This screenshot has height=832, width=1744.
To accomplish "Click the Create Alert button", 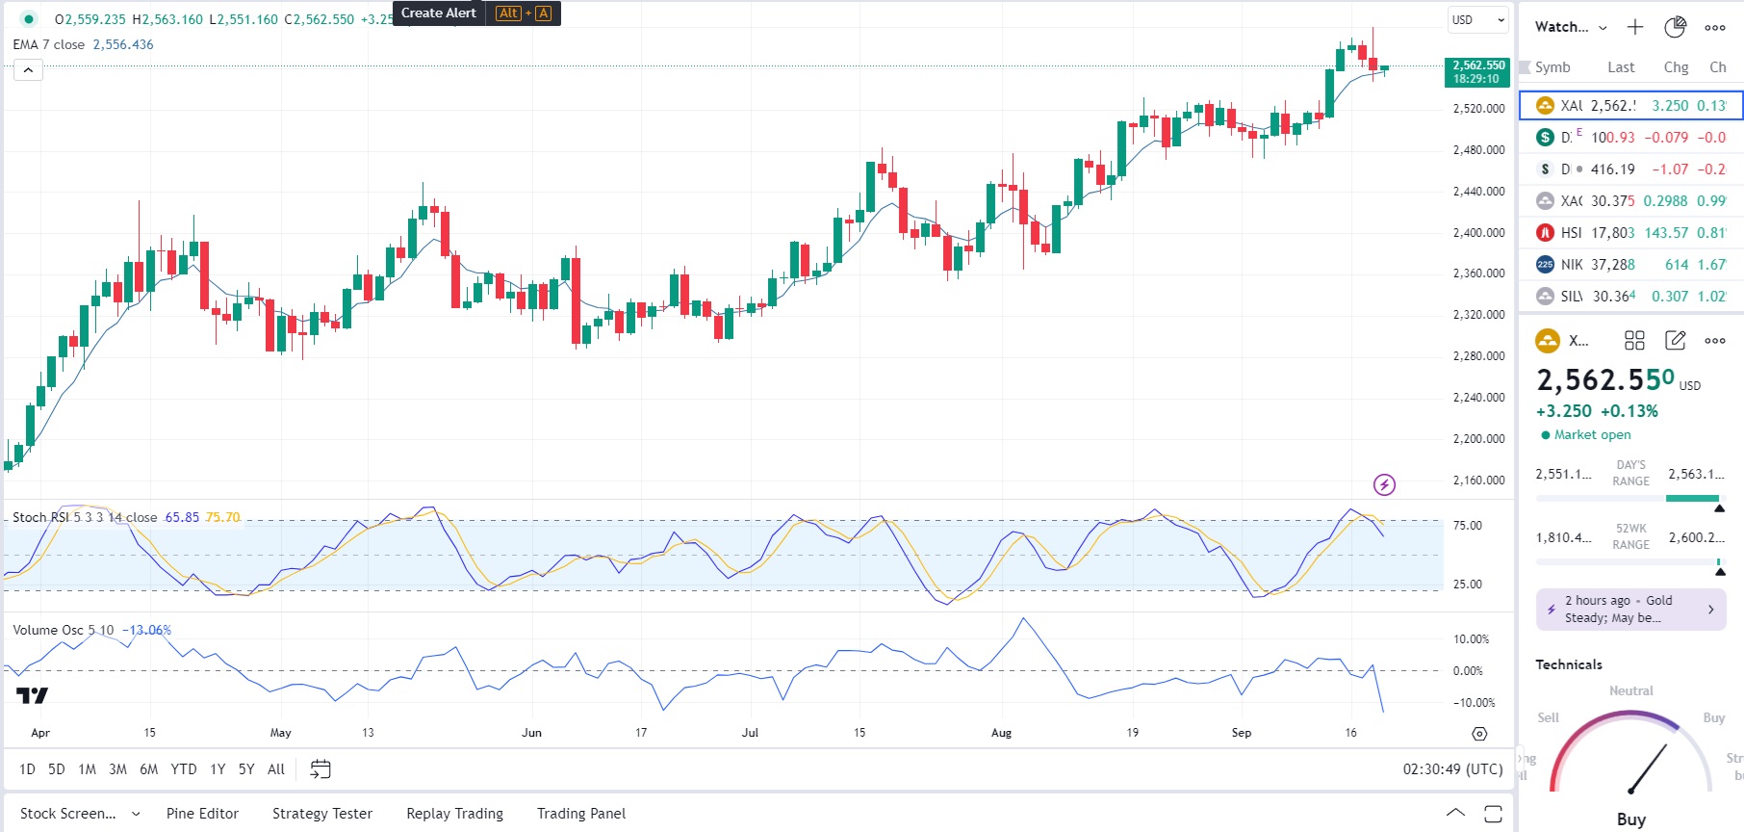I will tap(439, 13).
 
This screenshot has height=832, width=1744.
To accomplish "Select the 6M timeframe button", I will tap(148, 769).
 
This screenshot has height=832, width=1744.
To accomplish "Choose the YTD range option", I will tap(183, 769).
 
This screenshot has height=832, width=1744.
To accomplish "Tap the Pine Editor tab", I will tap(202, 814).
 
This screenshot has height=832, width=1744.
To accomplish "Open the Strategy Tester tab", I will tap(321, 814).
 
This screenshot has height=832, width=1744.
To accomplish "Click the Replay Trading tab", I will tap(454, 814).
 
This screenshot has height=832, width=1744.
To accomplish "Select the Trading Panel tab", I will tap(580, 814).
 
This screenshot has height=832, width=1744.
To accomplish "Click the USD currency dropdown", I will tap(1477, 20).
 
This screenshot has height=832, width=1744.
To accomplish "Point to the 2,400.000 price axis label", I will tap(1478, 233).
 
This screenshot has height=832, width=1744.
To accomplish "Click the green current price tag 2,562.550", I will tap(1477, 72).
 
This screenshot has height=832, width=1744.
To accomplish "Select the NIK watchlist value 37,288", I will tap(1612, 265).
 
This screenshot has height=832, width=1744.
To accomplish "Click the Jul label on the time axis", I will tap(750, 733).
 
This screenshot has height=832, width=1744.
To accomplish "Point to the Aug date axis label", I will tap(1001, 733).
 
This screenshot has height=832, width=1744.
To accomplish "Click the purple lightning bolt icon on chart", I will tap(1384, 484).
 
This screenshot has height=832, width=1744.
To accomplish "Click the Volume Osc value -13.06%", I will tap(146, 631).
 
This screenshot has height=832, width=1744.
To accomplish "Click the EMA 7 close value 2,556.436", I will tap(123, 45).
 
